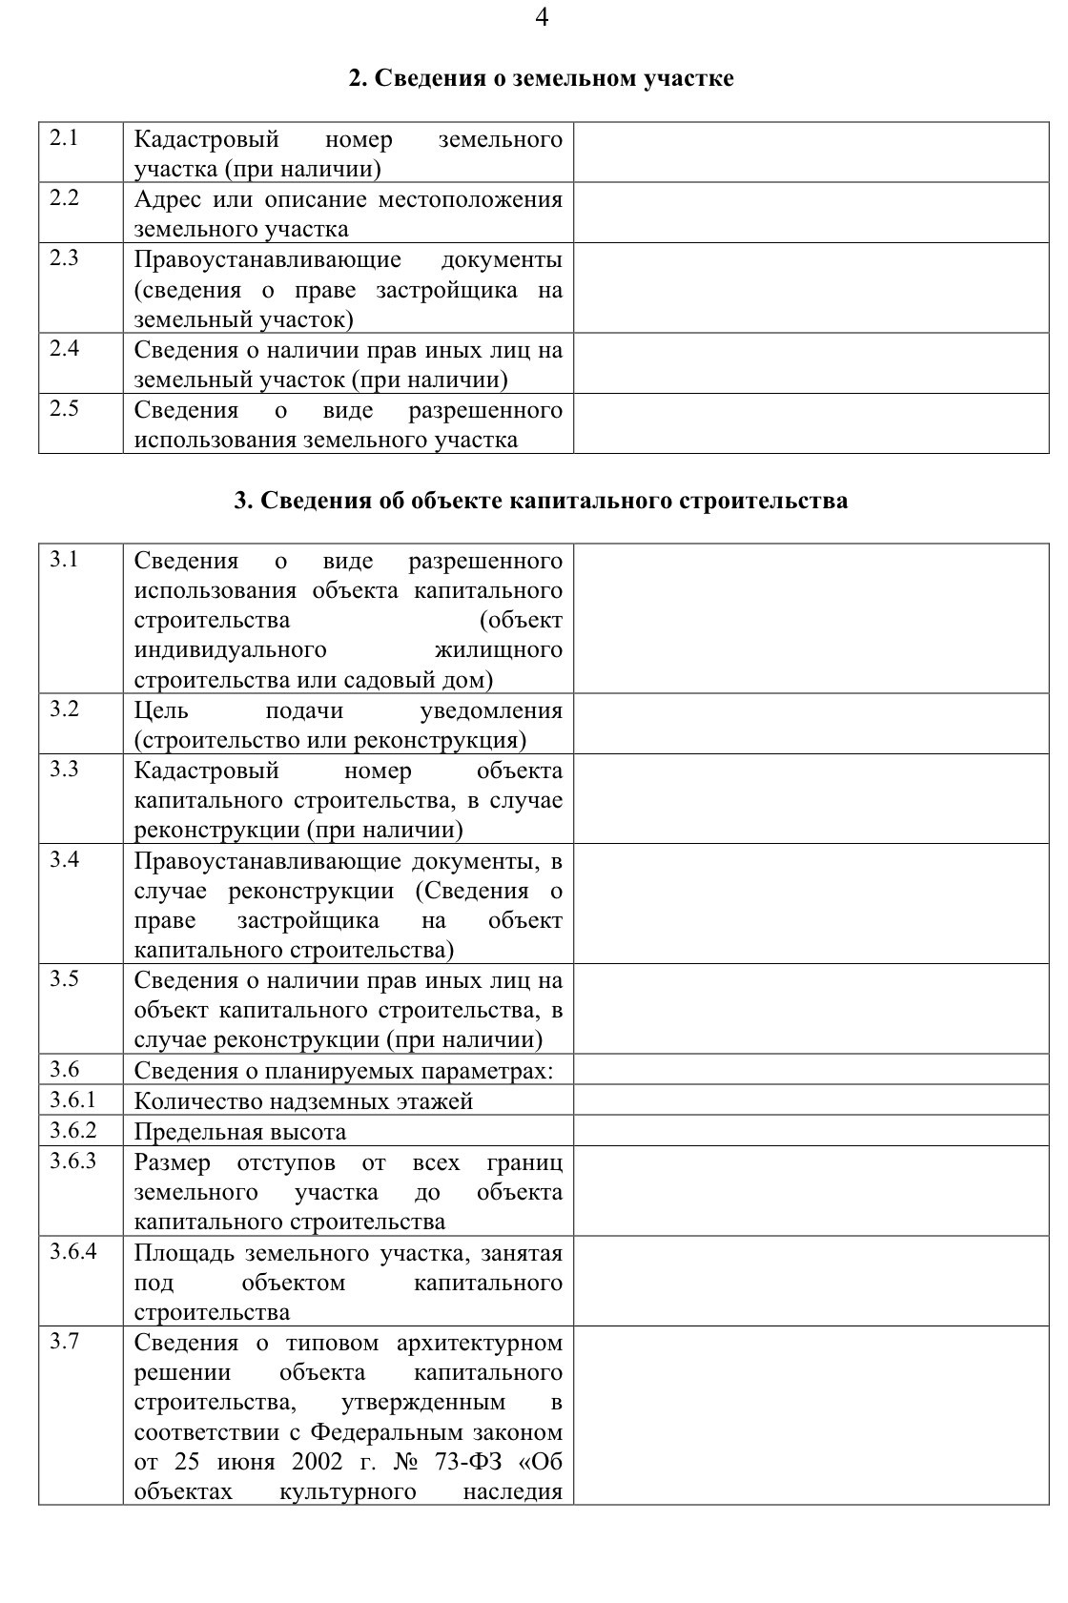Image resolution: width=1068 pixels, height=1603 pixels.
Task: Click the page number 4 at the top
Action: (542, 18)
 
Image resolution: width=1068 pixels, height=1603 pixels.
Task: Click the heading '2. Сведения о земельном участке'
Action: (541, 78)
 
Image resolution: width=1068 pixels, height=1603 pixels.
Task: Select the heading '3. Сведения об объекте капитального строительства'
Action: (541, 501)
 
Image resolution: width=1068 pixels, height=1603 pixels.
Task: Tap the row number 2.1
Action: (64, 138)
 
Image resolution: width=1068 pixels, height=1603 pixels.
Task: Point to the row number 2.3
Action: (64, 258)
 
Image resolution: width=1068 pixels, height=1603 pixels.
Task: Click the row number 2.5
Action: (64, 409)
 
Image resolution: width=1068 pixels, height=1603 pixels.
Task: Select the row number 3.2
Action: (64, 709)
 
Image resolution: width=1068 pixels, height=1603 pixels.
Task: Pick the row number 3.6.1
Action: (73, 1100)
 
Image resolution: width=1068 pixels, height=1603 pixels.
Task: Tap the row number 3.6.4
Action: (73, 1251)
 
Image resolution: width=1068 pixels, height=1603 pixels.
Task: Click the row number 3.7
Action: (64, 1342)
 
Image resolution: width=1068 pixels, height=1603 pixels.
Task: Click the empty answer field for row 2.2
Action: (811, 213)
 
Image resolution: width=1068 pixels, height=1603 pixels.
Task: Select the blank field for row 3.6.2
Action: (811, 1131)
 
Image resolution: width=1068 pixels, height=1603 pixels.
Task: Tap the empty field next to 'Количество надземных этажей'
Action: (811, 1100)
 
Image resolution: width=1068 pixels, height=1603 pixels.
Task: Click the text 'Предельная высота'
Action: (240, 1132)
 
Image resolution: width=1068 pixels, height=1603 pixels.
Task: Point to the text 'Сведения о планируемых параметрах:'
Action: (343, 1071)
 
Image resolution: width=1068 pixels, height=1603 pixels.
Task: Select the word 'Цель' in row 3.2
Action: (161, 710)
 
